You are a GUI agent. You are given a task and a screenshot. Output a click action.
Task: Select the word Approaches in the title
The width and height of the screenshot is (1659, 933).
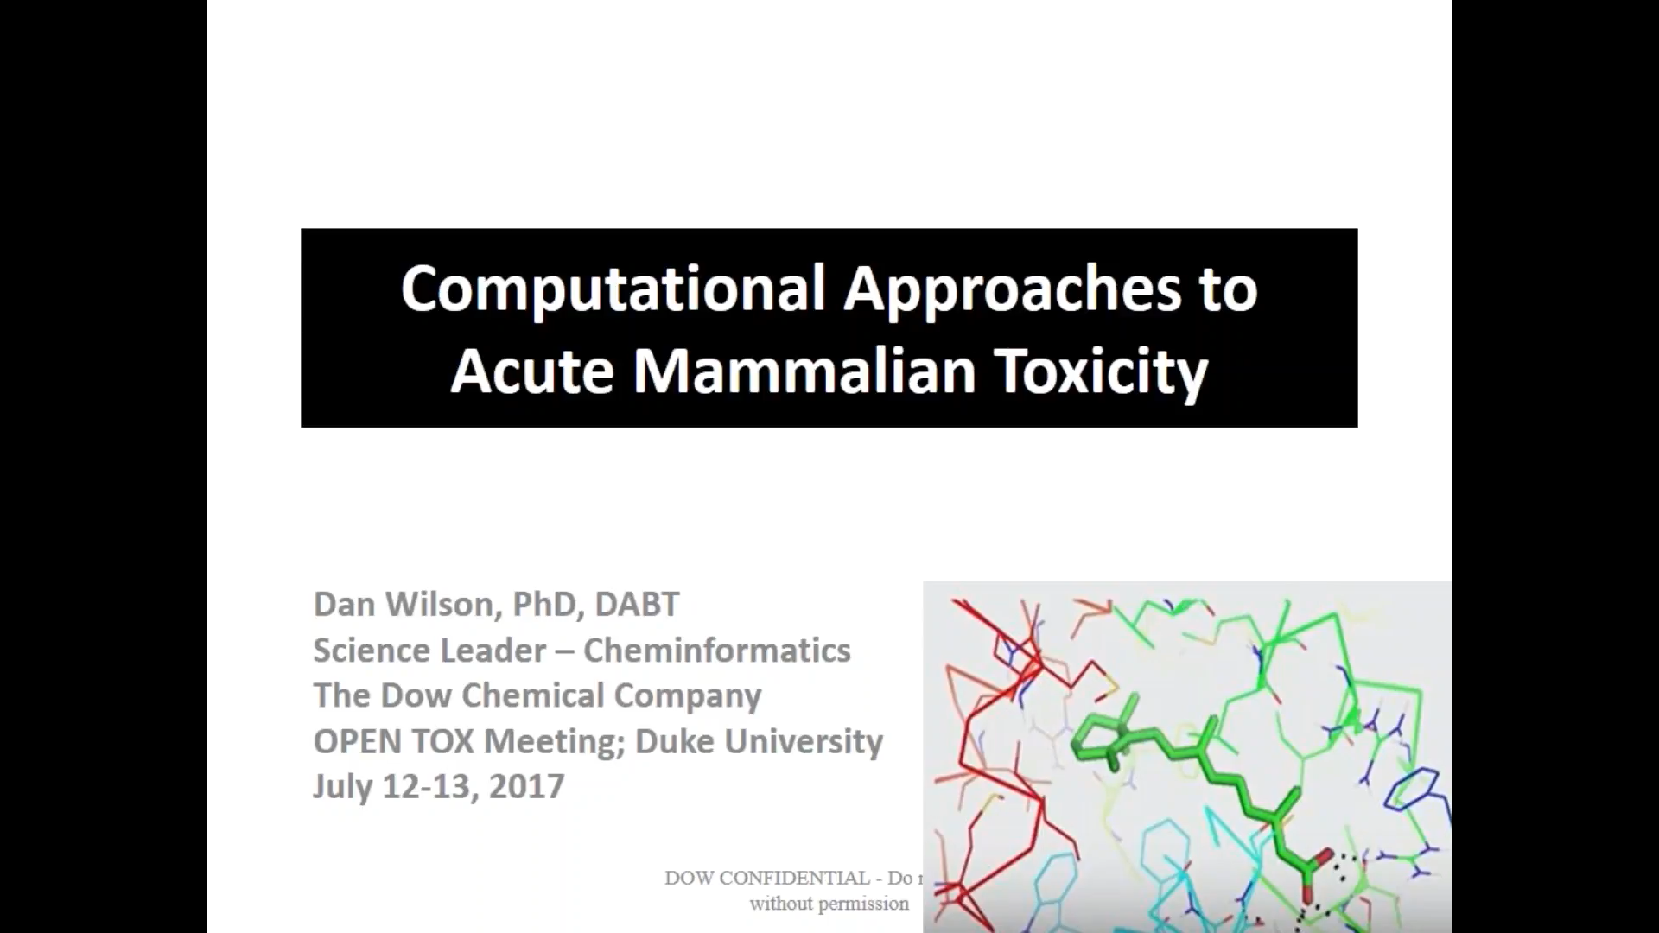[1012, 289]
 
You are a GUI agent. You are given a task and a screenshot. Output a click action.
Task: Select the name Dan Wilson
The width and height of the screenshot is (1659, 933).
[402, 604]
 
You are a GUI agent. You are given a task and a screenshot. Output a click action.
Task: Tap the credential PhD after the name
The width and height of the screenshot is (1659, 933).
[544, 604]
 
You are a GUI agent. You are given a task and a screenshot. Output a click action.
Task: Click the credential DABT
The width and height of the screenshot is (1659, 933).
[637, 604]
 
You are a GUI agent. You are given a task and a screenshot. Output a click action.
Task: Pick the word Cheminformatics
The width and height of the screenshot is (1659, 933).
[716, 650]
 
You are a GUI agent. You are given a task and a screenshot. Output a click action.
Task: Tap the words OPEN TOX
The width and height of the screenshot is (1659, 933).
[394, 741]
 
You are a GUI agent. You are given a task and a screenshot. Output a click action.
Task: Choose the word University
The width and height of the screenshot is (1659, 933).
[804, 741]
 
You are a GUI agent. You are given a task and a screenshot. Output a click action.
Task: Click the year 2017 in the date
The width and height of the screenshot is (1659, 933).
[526, 786]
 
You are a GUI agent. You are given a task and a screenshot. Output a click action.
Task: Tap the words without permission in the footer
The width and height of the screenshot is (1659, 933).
[829, 904]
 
